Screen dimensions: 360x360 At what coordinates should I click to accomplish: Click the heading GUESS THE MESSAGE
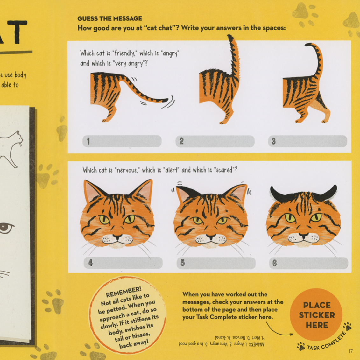tap(109, 18)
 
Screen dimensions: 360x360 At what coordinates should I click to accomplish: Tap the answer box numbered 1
tap(122, 141)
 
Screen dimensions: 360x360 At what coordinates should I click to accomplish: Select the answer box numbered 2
tap(215, 141)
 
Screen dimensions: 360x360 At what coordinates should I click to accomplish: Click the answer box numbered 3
tap(307, 141)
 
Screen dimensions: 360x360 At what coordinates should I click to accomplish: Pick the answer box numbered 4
tap(123, 263)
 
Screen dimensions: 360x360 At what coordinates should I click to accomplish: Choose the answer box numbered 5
tap(216, 263)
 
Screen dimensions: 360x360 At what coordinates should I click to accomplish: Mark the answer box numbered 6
tap(308, 263)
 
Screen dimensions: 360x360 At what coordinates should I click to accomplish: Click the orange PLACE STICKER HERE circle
tap(316, 315)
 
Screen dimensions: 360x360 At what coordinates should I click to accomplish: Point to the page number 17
tap(350, 351)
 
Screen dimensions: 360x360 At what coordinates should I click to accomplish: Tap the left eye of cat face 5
tap(196, 220)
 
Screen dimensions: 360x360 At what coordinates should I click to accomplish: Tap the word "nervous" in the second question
tap(126, 170)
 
